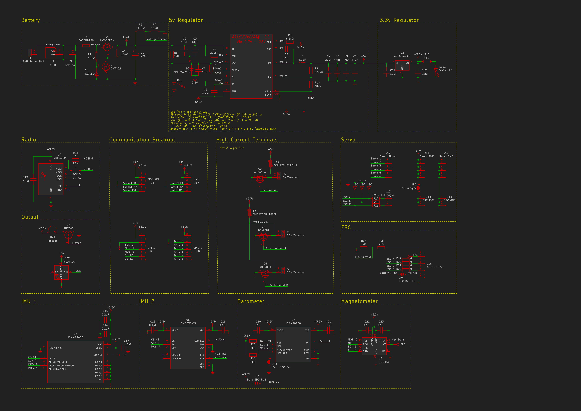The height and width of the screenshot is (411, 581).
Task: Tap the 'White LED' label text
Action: (446, 70)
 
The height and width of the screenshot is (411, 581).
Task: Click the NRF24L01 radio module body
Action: (51, 179)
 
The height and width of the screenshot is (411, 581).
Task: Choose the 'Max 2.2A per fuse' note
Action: (232, 148)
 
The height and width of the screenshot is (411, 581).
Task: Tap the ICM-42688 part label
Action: (75, 337)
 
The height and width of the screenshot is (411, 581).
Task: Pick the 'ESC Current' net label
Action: (363, 257)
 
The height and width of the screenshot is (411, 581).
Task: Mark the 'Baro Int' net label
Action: (325, 341)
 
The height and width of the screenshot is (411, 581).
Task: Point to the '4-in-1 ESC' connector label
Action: (435, 267)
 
